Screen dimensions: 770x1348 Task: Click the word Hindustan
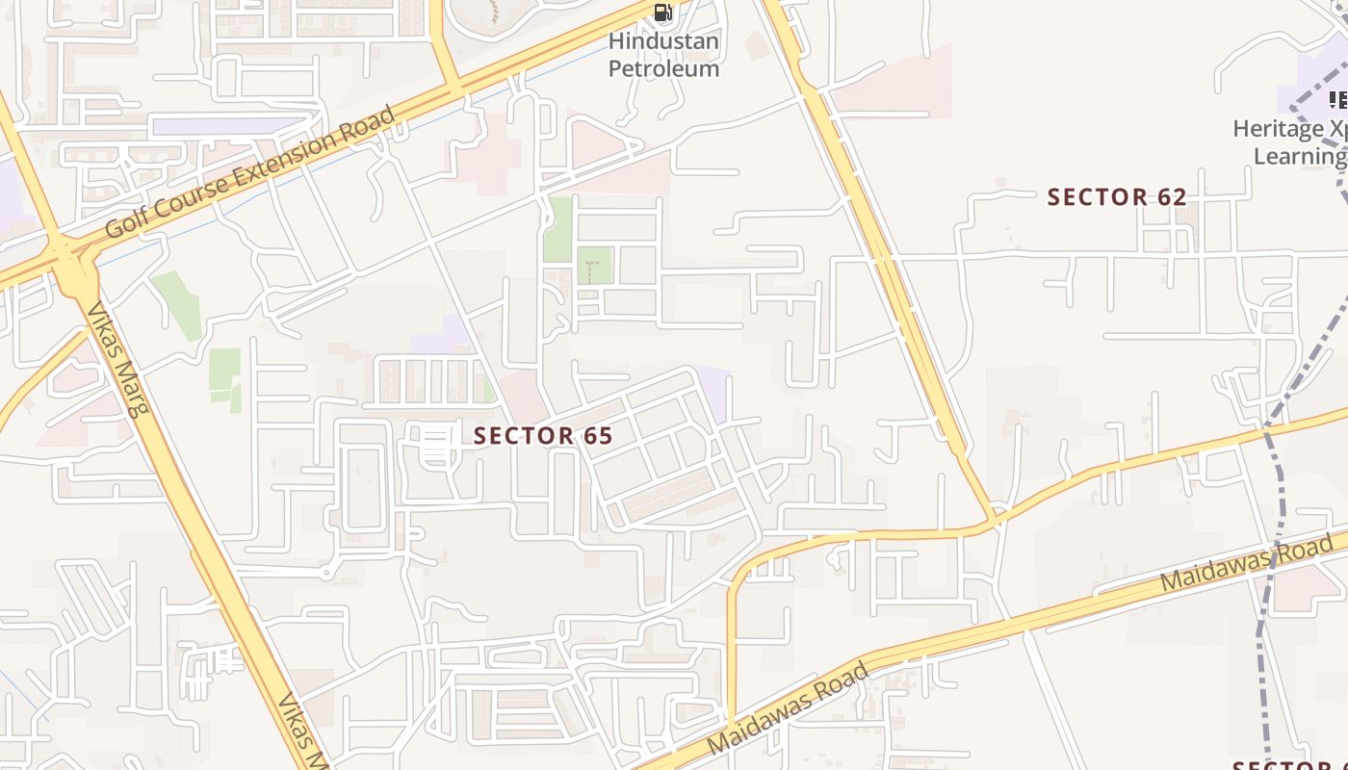pyautogui.click(x=663, y=42)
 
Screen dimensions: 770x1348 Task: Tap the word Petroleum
pyautogui.click(x=663, y=69)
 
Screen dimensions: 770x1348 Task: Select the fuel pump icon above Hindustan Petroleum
pyautogui.click(x=662, y=13)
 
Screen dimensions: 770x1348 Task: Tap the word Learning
pyautogui.click(x=1299, y=156)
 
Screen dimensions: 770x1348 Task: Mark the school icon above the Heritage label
pyautogui.click(x=1337, y=99)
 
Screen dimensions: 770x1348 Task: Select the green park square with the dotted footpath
pyautogui.click(x=594, y=265)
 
